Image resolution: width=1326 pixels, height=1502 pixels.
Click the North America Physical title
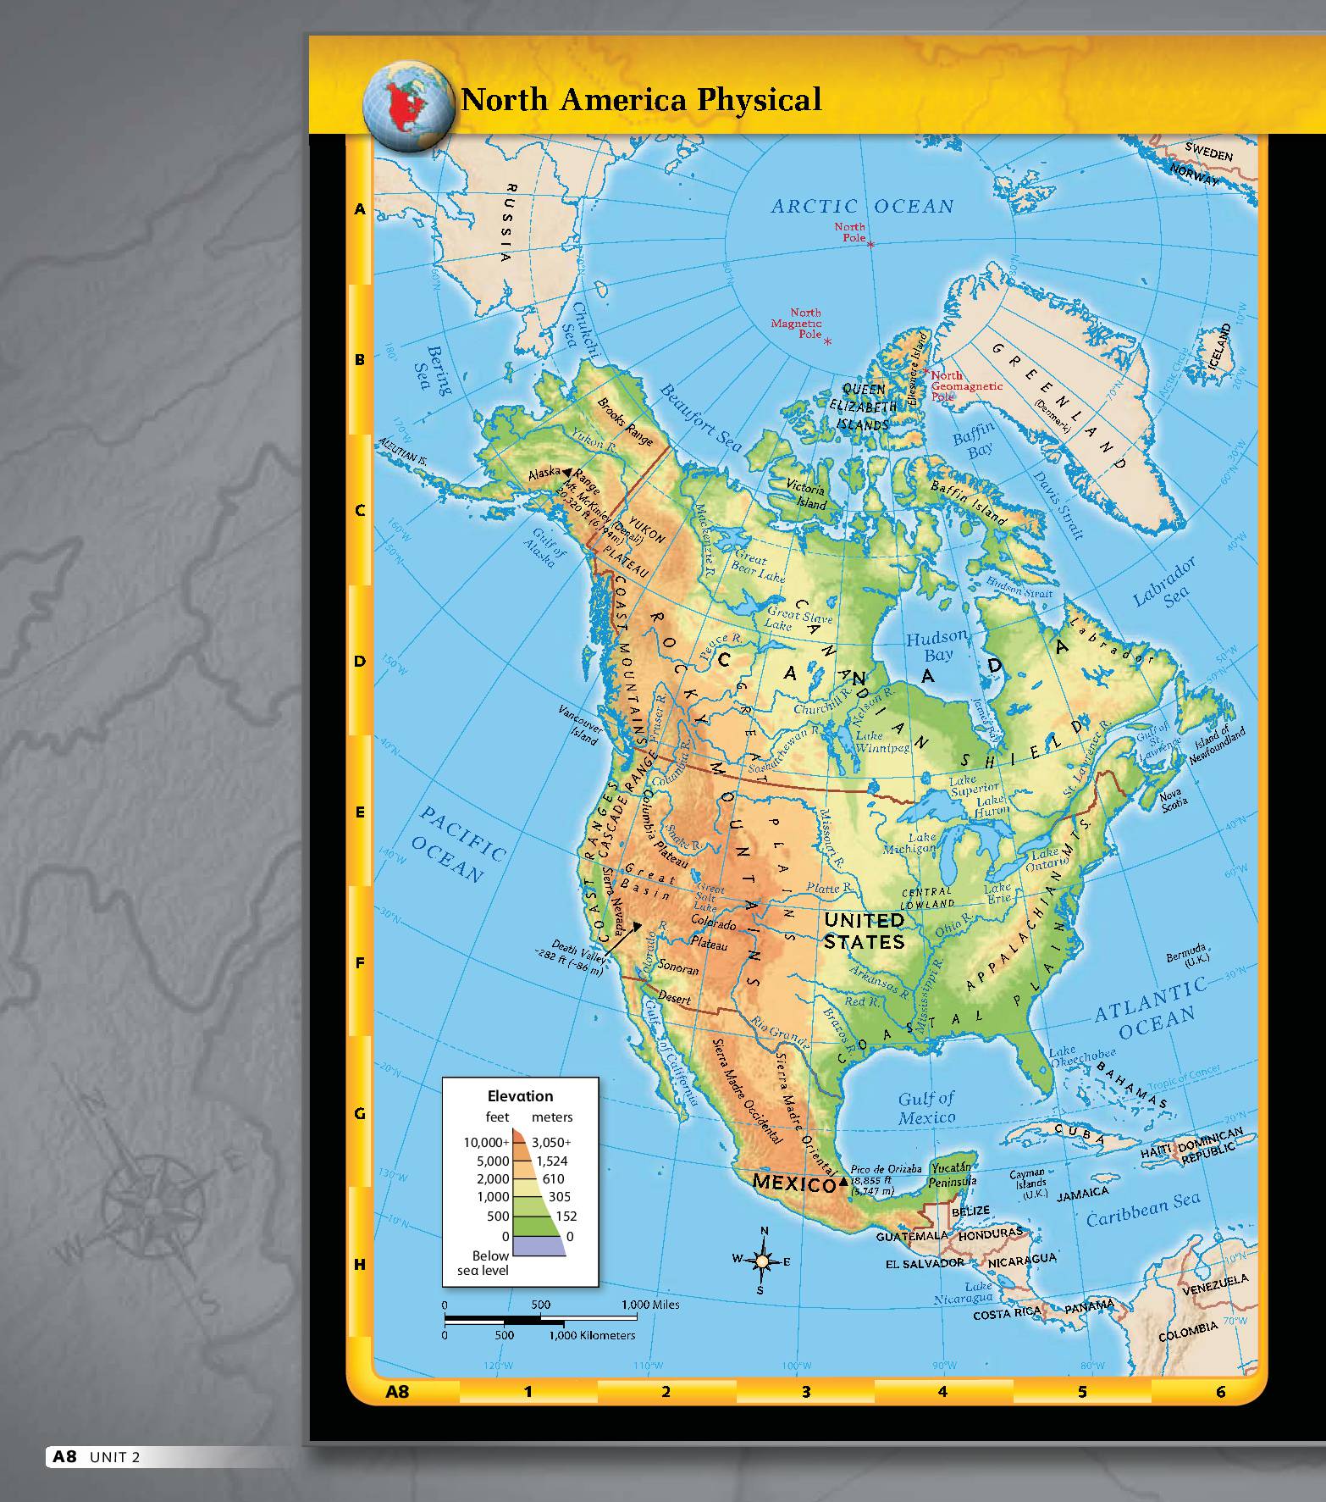tap(640, 100)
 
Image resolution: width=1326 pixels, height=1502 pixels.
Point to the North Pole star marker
tap(870, 244)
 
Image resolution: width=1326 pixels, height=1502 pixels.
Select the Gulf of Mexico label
tap(926, 1107)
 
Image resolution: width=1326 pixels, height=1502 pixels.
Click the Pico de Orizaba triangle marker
tap(843, 1181)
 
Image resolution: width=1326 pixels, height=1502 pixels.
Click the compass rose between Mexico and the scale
tap(762, 1261)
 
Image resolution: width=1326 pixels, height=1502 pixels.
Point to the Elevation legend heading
tap(520, 1095)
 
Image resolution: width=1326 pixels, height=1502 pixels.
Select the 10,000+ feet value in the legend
tap(486, 1142)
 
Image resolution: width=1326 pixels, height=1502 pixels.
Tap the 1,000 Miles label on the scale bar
tap(650, 1305)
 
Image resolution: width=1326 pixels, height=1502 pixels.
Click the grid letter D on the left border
tap(360, 661)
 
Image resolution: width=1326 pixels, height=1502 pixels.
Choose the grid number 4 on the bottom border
tap(942, 1391)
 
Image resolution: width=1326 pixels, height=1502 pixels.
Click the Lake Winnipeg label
tap(881, 742)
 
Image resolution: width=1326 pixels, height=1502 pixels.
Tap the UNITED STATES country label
tap(864, 930)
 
